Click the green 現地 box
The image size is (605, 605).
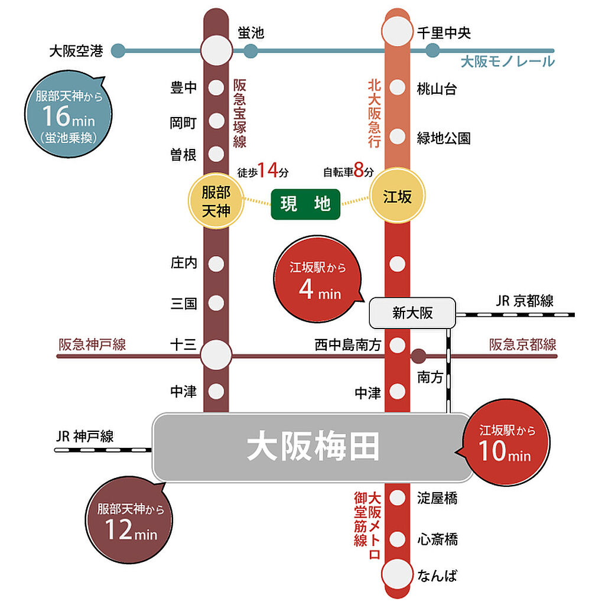tap(305, 204)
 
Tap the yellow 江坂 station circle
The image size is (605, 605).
tap(398, 196)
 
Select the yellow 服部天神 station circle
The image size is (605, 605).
tap(216, 201)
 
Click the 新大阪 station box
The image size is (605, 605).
tap(412, 313)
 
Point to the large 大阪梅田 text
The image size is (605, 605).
tap(313, 447)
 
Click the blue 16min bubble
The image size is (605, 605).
tap(69, 114)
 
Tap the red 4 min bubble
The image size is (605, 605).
tap(318, 279)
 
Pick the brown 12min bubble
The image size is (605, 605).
tap(129, 520)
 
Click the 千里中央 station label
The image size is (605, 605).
tap(444, 33)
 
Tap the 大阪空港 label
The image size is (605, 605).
tap(76, 51)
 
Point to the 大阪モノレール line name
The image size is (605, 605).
tap(508, 61)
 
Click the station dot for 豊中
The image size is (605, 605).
tap(216, 87)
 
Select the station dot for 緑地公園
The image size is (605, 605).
tap(398, 136)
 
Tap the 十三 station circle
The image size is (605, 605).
tap(216, 355)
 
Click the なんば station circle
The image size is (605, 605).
tap(398, 574)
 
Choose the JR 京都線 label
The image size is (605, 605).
tap(525, 301)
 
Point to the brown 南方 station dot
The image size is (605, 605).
tap(419, 356)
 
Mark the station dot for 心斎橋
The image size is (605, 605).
tap(398, 539)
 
